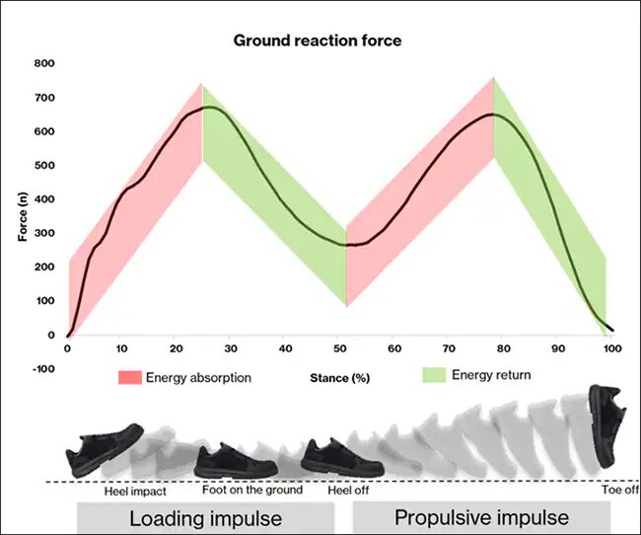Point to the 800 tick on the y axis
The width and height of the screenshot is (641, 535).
[42, 63]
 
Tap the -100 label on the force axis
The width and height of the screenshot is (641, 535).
[40, 369]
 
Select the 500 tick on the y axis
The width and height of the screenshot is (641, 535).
[42, 165]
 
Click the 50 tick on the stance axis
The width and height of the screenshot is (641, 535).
[339, 349]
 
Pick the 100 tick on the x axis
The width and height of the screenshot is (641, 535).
[610, 349]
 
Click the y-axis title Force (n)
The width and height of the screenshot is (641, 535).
[22, 216]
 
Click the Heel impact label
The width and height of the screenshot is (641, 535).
[134, 491]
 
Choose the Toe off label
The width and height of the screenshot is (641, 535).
[619, 490]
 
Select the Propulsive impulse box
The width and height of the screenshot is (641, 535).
[481, 518]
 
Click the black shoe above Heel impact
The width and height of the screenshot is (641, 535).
[105, 447]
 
